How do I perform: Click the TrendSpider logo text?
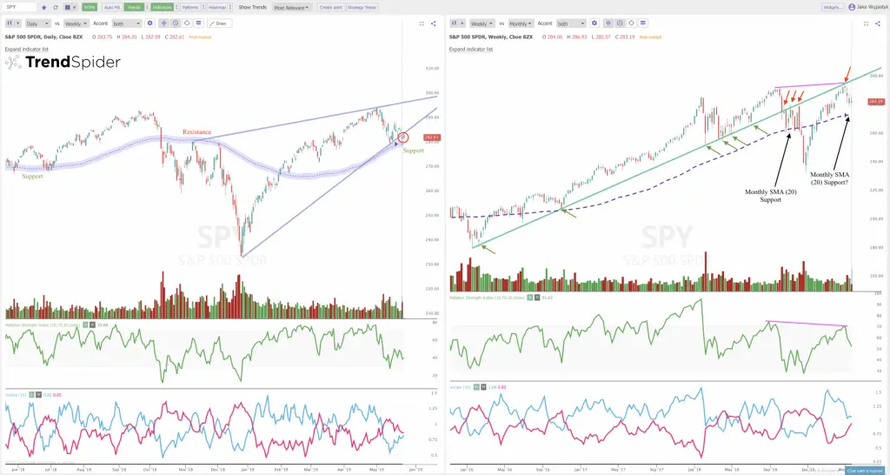pyautogui.click(x=72, y=63)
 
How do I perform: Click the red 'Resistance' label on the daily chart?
pyautogui.click(x=196, y=132)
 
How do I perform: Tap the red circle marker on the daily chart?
pyautogui.click(x=402, y=137)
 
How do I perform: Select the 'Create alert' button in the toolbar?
pyautogui.click(x=330, y=7)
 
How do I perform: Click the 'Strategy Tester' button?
pyautogui.click(x=362, y=7)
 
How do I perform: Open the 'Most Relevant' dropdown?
pyautogui.click(x=290, y=7)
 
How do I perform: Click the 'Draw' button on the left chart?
pyautogui.click(x=219, y=23)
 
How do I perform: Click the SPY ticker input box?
pyautogui.click(x=20, y=7)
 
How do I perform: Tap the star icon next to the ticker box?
pyautogui.click(x=43, y=7)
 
